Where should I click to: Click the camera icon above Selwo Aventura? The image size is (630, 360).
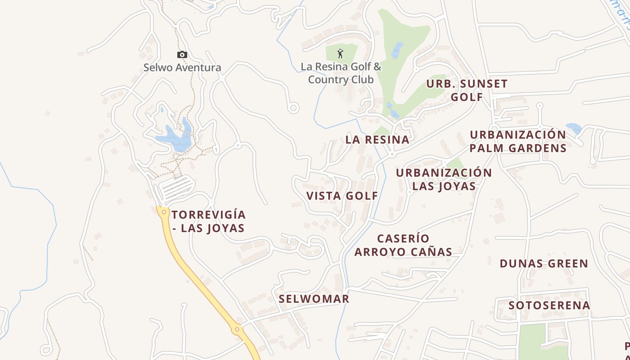pos(182,55)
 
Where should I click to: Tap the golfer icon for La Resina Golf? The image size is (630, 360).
pos(340,54)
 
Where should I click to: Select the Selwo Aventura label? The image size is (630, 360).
pos(182,68)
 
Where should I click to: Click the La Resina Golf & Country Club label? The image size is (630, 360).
pos(341,73)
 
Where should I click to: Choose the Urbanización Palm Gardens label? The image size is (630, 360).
pos(517,141)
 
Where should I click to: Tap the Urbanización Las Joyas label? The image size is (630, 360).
pos(444,180)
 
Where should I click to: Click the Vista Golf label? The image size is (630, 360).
pos(342,196)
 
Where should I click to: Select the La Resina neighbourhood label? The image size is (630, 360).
pos(378,139)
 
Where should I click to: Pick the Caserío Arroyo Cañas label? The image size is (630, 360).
pos(403,245)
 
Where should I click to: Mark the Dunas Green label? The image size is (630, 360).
pos(544,264)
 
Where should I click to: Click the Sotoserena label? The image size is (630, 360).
pos(549,306)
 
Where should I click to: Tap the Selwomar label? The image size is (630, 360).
pos(314,299)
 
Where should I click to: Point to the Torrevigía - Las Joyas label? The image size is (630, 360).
pos(208,221)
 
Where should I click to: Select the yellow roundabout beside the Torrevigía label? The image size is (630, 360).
pos(163,211)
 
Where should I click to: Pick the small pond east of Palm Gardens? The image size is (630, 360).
pos(574,128)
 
